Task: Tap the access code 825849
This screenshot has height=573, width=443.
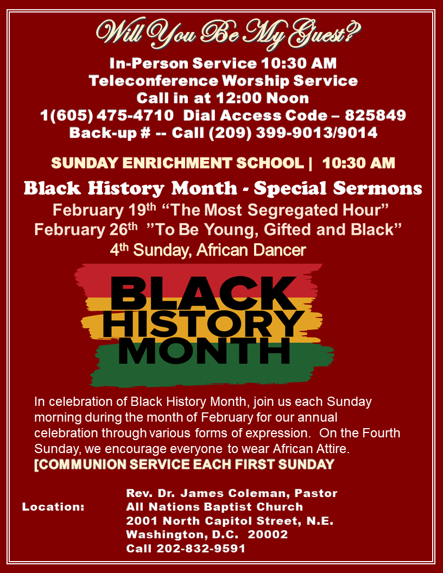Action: [x=375, y=116]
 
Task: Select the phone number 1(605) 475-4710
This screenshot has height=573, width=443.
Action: [x=107, y=116]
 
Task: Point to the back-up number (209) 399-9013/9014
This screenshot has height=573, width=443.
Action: [x=293, y=132]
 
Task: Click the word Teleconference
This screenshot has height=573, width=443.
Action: [x=154, y=81]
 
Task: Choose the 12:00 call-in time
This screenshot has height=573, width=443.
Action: [x=239, y=98]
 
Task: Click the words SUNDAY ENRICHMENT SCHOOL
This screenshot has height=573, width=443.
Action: [x=178, y=163]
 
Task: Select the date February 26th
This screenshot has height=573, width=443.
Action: [x=86, y=230]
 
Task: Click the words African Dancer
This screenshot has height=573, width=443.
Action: [x=251, y=250]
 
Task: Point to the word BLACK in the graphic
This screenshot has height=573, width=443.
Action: [x=204, y=294]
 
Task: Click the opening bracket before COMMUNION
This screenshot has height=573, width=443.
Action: [x=36, y=465]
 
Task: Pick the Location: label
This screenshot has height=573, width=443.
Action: [x=53, y=507]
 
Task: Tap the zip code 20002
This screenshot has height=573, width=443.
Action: [x=268, y=534]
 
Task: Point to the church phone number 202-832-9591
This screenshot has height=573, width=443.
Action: [x=201, y=549]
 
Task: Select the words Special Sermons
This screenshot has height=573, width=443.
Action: [x=338, y=189]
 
